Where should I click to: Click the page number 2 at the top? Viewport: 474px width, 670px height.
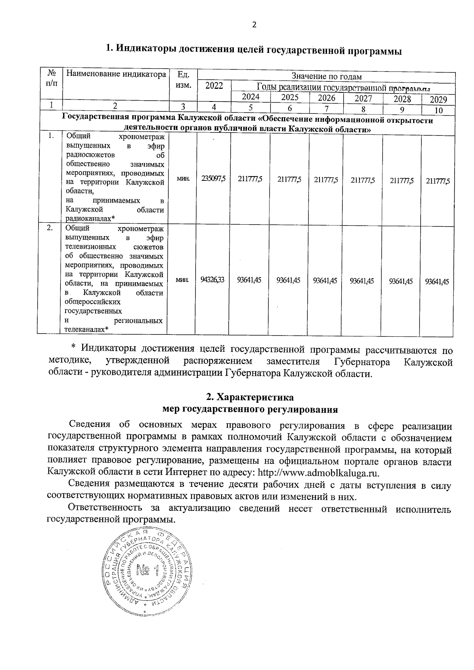(x=254, y=25)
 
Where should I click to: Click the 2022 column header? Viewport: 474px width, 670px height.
(x=214, y=86)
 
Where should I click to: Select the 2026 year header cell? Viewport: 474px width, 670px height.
(x=326, y=98)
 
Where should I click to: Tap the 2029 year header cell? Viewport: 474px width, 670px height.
(x=438, y=99)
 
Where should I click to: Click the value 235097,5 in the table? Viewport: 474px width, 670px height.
(x=213, y=179)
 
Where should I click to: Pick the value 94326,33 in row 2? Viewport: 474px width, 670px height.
(x=212, y=280)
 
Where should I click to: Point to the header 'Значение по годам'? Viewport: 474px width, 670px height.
(x=326, y=76)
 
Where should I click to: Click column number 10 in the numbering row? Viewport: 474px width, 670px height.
(x=438, y=110)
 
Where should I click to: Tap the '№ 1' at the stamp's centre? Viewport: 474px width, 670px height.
(x=147, y=571)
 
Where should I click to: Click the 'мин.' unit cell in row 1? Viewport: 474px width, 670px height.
(x=183, y=179)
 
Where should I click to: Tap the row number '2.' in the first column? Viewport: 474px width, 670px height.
(x=50, y=228)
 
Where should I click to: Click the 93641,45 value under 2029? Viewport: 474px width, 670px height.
(x=436, y=281)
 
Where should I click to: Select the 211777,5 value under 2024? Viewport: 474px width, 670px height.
(x=250, y=179)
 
